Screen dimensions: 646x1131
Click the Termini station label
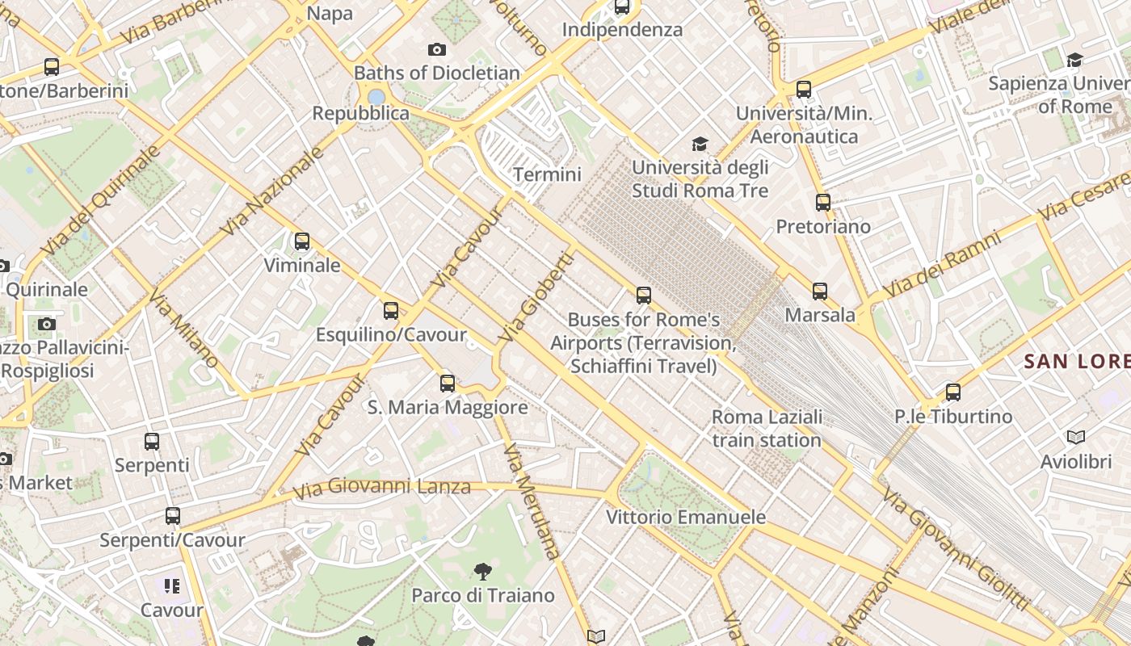pyautogui.click(x=547, y=174)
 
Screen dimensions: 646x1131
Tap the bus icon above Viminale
pyautogui.click(x=302, y=241)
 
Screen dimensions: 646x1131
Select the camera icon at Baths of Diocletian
pyautogui.click(x=437, y=50)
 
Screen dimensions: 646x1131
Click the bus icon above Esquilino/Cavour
pyautogui.click(x=391, y=311)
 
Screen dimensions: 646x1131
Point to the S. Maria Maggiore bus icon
pyautogui.click(x=448, y=384)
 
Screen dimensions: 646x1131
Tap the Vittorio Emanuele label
pyautogui.click(x=686, y=517)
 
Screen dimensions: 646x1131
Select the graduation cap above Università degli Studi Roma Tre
pyautogui.click(x=700, y=145)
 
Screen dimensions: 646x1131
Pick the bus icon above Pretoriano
pyautogui.click(x=823, y=203)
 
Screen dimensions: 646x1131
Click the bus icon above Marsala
pyautogui.click(x=820, y=292)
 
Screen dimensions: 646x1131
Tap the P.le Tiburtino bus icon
pyautogui.click(x=953, y=393)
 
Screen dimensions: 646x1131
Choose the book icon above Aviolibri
pyautogui.click(x=1075, y=438)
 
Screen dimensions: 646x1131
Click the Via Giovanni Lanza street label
pyautogui.click(x=381, y=488)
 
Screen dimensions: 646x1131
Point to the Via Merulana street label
pyautogui.click(x=531, y=501)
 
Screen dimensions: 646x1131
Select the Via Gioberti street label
pyautogui.click(x=536, y=297)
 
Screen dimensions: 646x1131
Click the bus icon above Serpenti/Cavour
pyautogui.click(x=172, y=516)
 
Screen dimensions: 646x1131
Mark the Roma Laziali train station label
pyautogui.click(x=767, y=429)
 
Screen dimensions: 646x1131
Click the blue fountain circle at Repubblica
pyautogui.click(x=376, y=97)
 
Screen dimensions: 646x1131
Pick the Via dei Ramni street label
pyautogui.click(x=942, y=263)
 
